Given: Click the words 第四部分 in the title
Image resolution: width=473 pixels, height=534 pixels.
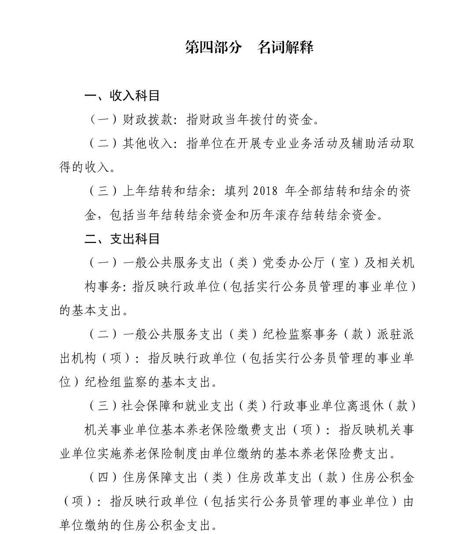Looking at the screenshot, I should (x=214, y=47).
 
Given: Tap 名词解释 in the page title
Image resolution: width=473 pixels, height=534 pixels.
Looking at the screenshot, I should (x=285, y=47).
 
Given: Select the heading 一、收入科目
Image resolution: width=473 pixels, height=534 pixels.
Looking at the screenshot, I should (x=122, y=96).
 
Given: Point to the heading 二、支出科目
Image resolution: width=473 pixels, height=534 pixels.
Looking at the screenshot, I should (x=122, y=239).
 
